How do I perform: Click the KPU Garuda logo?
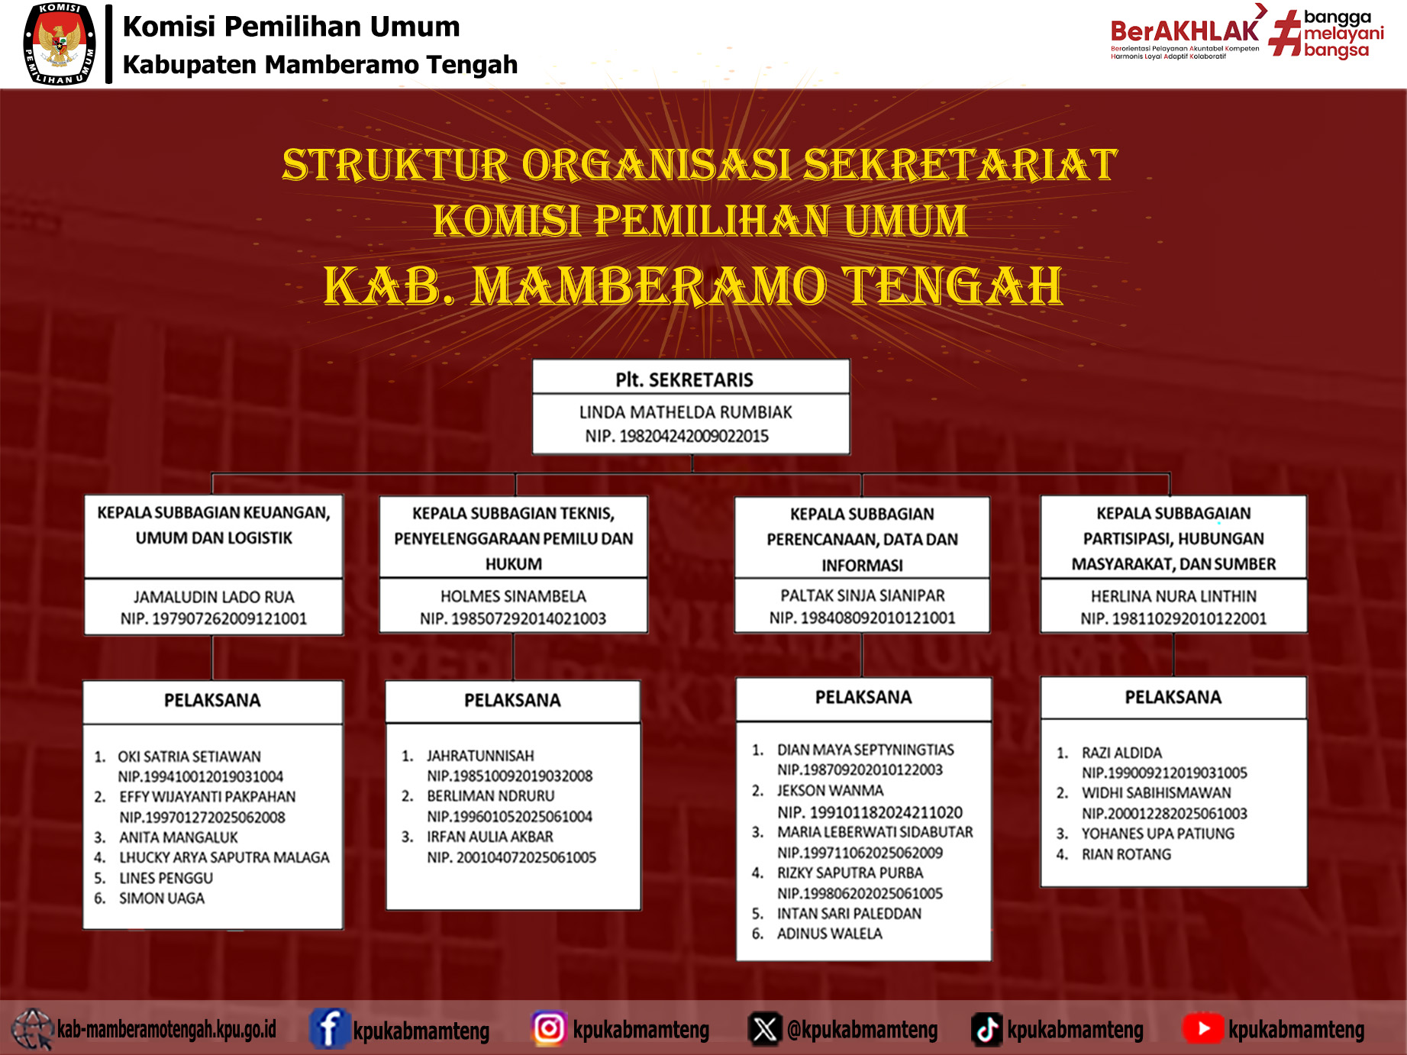click(60, 44)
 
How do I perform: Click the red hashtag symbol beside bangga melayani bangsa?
click(1285, 33)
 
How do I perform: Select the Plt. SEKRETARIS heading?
click(684, 379)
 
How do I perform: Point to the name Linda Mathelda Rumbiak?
click(686, 412)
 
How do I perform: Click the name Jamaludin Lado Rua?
click(214, 597)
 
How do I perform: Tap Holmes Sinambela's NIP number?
click(513, 618)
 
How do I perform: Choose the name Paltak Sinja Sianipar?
click(862, 595)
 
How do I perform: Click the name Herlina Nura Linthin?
click(1173, 596)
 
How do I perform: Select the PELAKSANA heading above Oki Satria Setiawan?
click(212, 700)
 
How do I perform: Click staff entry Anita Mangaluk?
click(179, 837)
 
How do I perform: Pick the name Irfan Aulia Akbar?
click(490, 837)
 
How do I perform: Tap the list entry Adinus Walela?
click(829, 934)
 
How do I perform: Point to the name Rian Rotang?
click(1126, 854)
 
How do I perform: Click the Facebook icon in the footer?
click(329, 1028)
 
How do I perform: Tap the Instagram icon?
click(549, 1028)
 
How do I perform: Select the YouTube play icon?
click(1203, 1028)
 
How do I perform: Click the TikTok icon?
click(986, 1029)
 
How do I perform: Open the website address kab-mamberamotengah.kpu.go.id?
click(167, 1029)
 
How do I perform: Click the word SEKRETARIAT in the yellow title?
click(961, 165)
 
